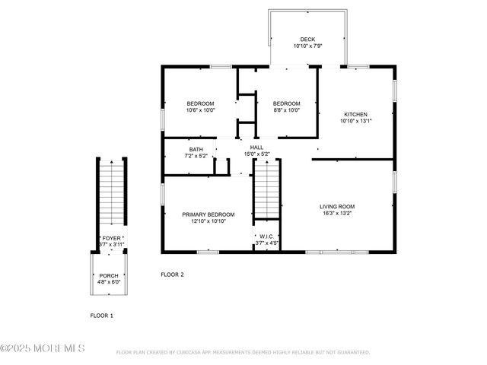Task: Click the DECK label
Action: (x=307, y=40)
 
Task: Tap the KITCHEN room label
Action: (x=355, y=115)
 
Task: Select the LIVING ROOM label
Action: (x=358, y=207)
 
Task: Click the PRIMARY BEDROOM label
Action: (x=208, y=215)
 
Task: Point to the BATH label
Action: (x=196, y=150)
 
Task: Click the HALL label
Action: (x=256, y=148)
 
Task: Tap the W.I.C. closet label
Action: (x=266, y=236)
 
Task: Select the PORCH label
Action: (x=108, y=276)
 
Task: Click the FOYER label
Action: (x=111, y=238)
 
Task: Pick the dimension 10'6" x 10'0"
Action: (x=201, y=110)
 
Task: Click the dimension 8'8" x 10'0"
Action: (x=287, y=110)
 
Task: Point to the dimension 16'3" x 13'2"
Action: (x=358, y=214)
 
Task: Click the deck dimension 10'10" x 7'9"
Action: (x=307, y=46)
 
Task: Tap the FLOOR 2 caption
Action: (x=172, y=275)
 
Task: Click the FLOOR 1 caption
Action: (x=102, y=315)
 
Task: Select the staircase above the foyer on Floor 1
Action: (x=111, y=194)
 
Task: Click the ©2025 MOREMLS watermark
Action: (x=43, y=349)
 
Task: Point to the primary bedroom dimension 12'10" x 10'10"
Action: (x=208, y=222)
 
